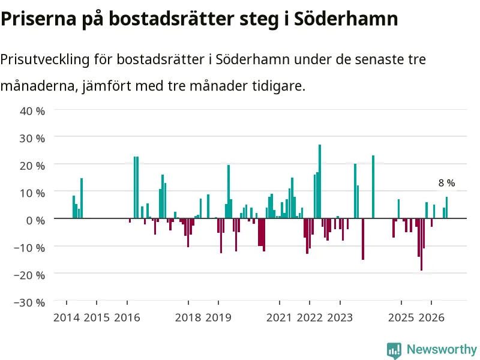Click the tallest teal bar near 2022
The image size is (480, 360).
click(x=320, y=181)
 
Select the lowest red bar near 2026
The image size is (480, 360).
click(x=421, y=244)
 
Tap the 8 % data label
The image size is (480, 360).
click(x=446, y=183)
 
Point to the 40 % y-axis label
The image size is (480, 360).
click(x=32, y=111)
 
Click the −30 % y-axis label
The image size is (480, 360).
click(x=29, y=302)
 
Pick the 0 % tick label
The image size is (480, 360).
click(x=35, y=220)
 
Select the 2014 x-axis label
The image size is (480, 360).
click(x=67, y=317)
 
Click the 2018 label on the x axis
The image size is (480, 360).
click(x=188, y=317)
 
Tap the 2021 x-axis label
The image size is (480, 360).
click(x=279, y=317)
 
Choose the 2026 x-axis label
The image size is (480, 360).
click(x=431, y=317)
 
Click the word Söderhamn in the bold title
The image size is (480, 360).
click(x=346, y=19)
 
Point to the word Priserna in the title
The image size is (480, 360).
click(x=38, y=19)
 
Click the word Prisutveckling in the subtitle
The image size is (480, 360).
click(x=44, y=59)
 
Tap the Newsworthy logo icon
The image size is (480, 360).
click(x=394, y=350)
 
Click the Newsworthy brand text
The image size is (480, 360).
click(x=442, y=349)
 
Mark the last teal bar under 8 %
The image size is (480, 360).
click(x=446, y=208)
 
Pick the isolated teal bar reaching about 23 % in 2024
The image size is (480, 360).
click(x=373, y=187)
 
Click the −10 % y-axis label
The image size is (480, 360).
click(x=29, y=248)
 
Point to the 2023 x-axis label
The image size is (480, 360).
click(x=340, y=317)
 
